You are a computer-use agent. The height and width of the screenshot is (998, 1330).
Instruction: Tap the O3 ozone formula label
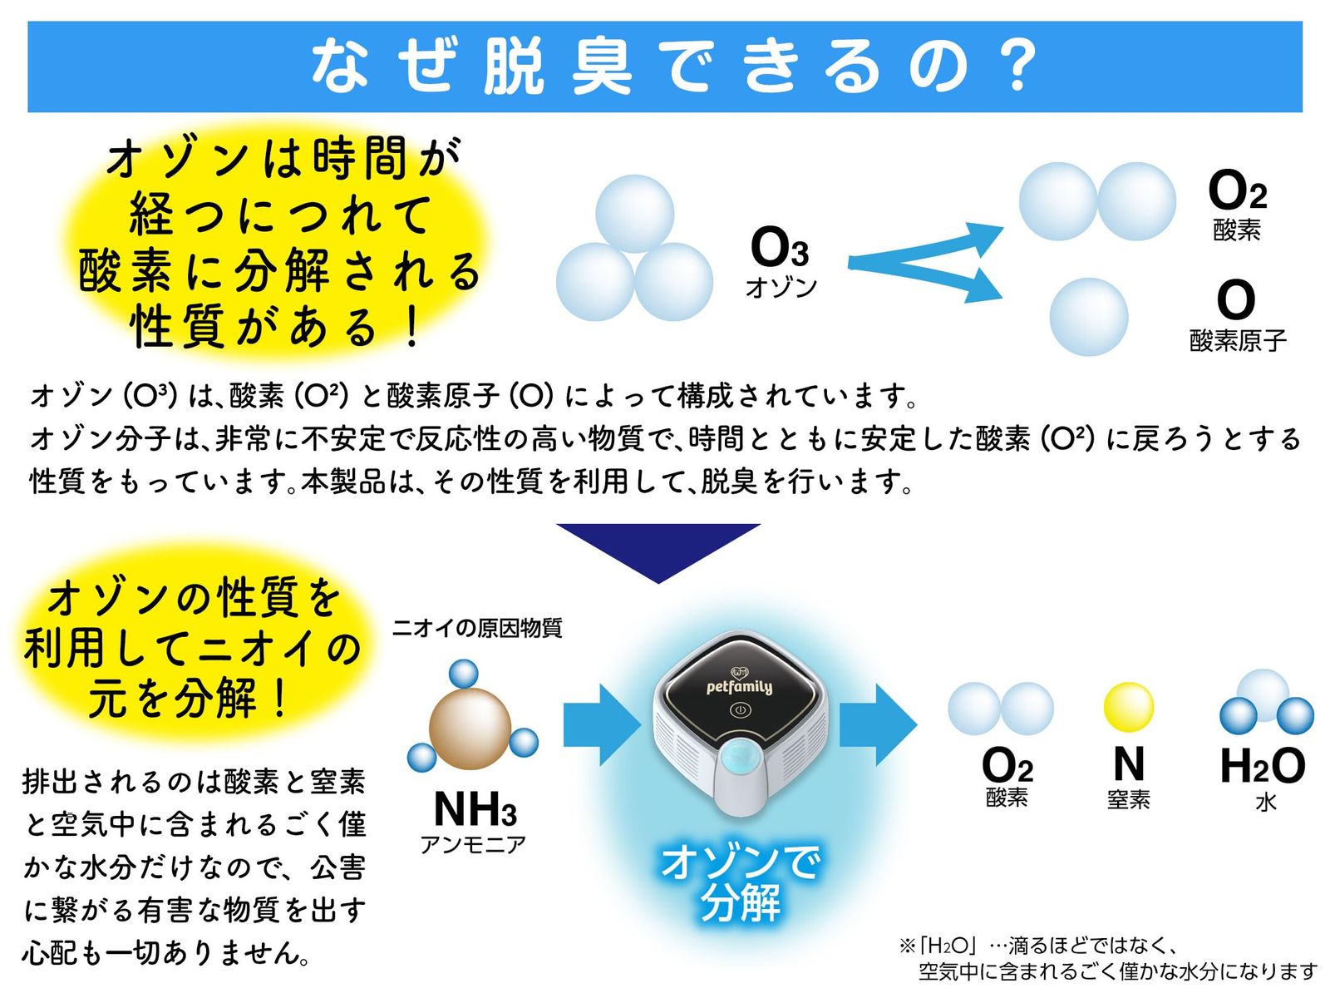pos(779,246)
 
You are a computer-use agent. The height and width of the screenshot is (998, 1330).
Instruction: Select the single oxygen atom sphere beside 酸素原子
pos(1088,316)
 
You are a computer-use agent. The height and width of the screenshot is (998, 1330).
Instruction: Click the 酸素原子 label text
pos(1237,341)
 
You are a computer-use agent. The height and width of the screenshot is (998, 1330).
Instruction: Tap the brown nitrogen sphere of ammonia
pos(470,729)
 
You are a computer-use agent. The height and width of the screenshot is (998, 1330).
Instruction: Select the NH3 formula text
pos(475,809)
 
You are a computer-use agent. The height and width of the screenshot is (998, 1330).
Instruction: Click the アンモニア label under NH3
pos(473,845)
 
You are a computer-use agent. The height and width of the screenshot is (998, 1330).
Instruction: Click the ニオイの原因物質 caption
pos(477,628)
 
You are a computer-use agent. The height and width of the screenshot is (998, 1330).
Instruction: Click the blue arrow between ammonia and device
pos(603,724)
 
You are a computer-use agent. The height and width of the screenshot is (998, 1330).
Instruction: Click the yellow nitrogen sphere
pos(1129,707)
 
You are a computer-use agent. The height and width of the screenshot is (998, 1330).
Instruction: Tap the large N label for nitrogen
pos(1129,763)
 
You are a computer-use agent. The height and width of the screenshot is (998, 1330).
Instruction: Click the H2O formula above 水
pos(1263,765)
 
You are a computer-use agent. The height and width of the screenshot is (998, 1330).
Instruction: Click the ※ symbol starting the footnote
pos(906,946)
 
